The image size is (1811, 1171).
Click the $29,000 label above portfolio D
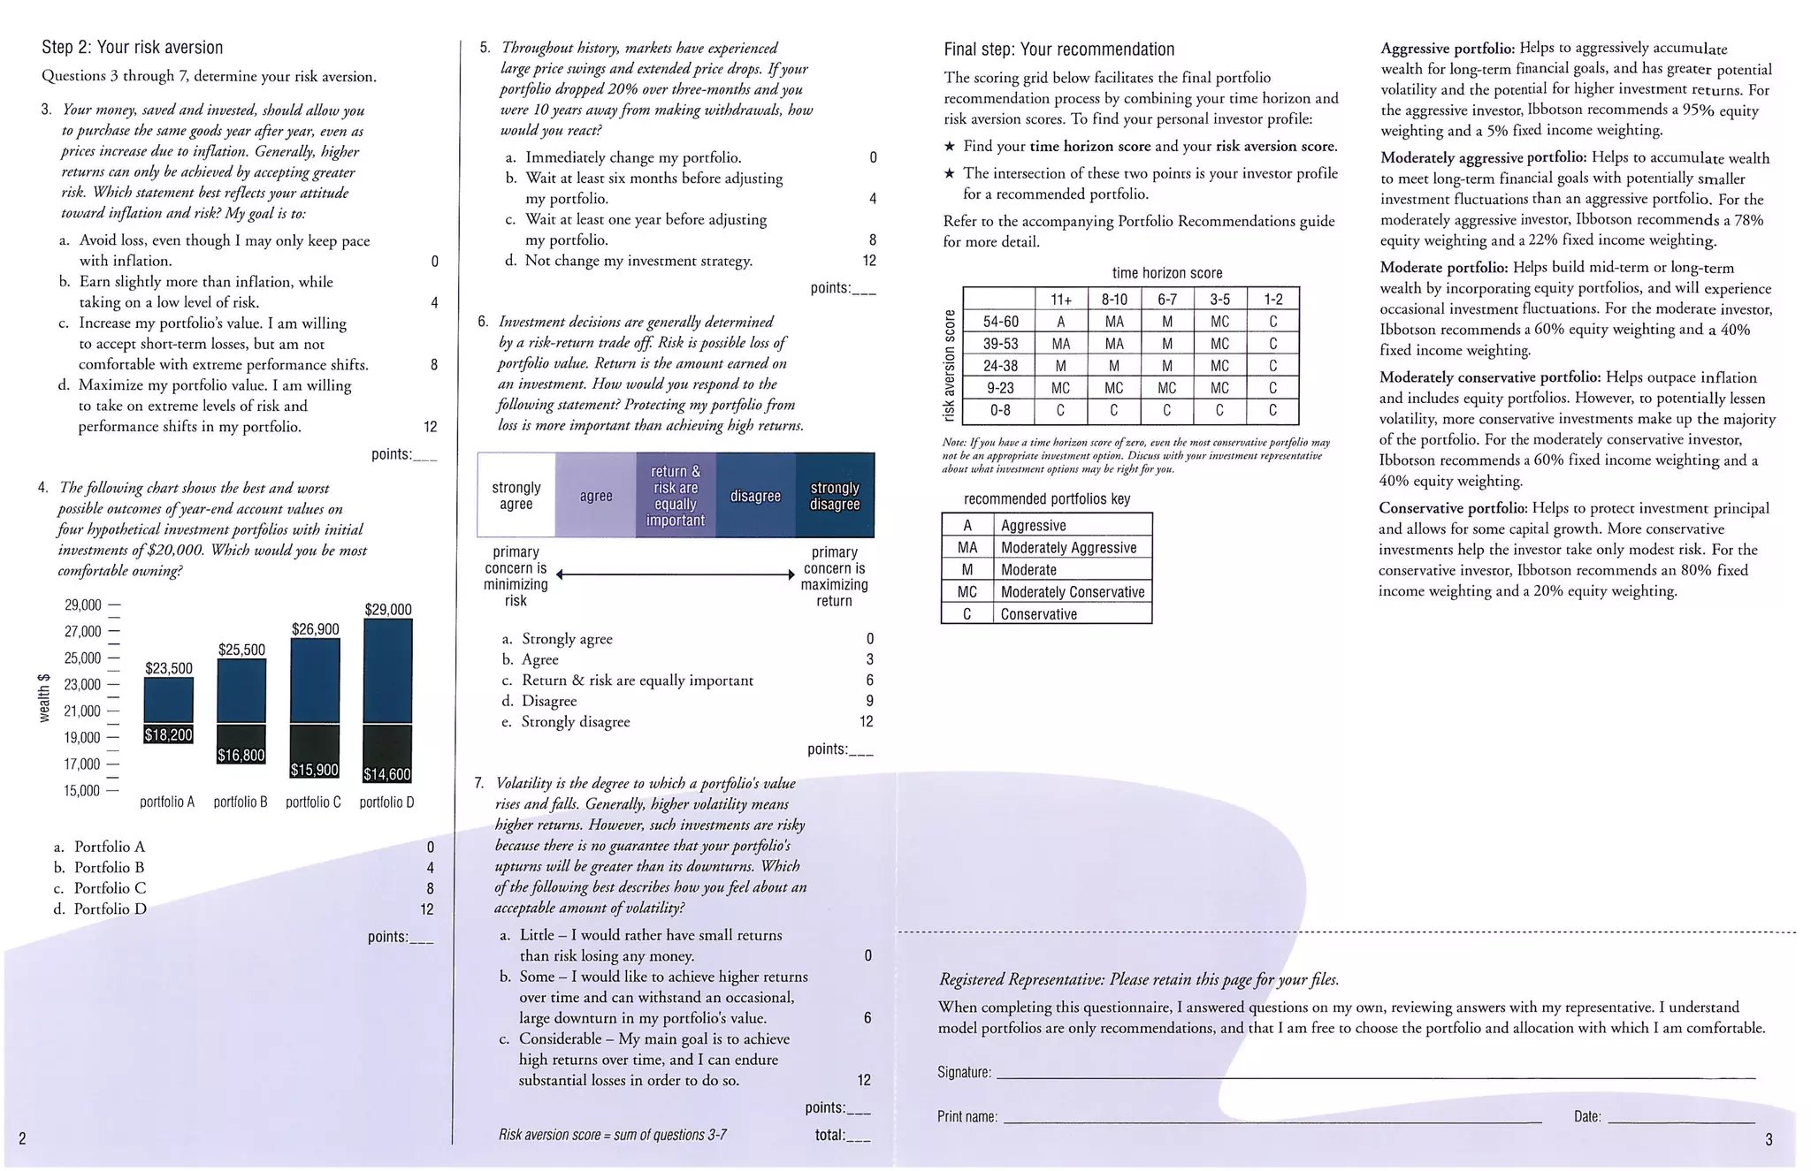point(388,610)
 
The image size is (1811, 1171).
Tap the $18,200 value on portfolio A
point(168,735)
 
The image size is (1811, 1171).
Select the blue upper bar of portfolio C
point(315,681)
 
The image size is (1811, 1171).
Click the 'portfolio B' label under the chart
point(241,802)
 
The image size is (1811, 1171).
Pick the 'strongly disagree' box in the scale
point(835,496)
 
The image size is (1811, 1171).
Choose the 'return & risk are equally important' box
point(676,496)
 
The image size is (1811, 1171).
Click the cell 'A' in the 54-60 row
point(1060,323)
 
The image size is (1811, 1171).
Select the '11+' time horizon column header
point(1060,300)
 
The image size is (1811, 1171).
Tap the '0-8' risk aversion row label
point(1000,410)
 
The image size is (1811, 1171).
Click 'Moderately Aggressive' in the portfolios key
point(1068,548)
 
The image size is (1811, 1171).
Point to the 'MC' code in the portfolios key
point(967,592)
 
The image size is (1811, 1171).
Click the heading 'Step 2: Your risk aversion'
point(133,48)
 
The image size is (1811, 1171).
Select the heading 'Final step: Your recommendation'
point(1058,49)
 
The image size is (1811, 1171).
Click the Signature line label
point(964,1073)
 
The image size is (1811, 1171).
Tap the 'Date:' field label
point(1587,1117)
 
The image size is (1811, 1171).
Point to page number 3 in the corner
point(1768,1140)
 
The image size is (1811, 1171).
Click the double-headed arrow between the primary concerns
point(676,575)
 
